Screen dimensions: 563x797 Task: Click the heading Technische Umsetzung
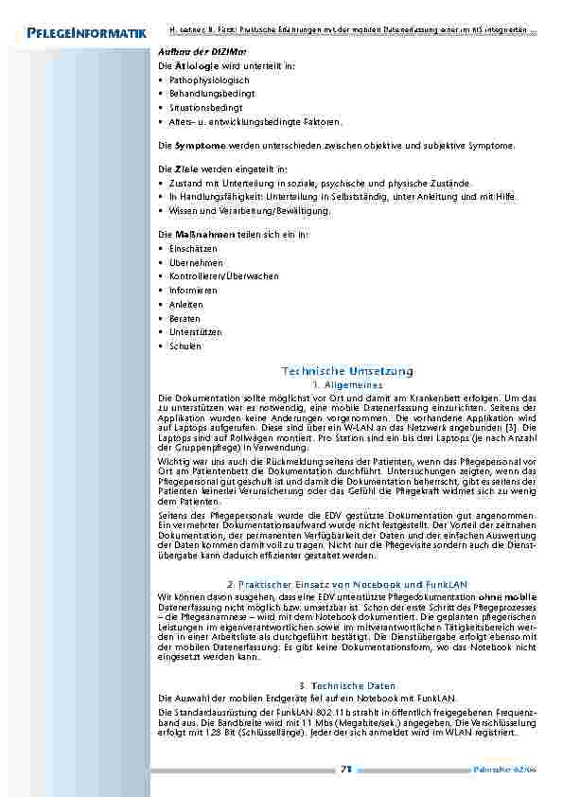click(x=348, y=371)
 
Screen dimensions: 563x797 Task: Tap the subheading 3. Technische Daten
click(x=347, y=685)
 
